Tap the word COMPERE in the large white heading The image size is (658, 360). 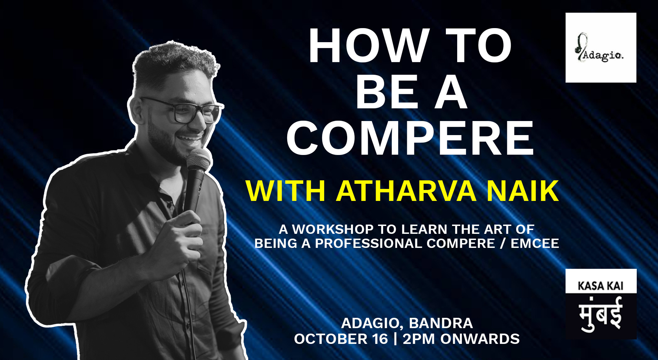pos(410,139)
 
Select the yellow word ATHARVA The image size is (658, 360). pos(406,191)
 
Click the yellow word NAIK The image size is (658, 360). pos(522,191)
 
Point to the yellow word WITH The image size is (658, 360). pos(285,191)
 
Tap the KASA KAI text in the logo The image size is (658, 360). pos(600,286)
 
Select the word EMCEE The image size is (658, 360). pos(535,243)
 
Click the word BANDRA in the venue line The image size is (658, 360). pos(441,323)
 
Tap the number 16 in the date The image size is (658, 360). pos(380,339)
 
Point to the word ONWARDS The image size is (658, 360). pos(480,339)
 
